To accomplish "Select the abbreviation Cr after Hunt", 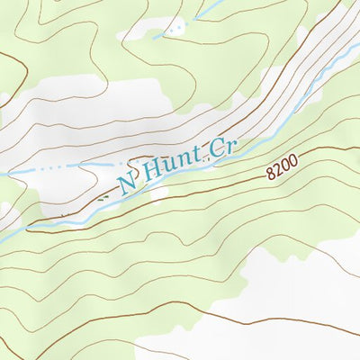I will click(222, 147).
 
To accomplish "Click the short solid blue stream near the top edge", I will click(193, 19).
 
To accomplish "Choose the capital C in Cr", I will click(216, 148).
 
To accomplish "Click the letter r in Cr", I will click(229, 147).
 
